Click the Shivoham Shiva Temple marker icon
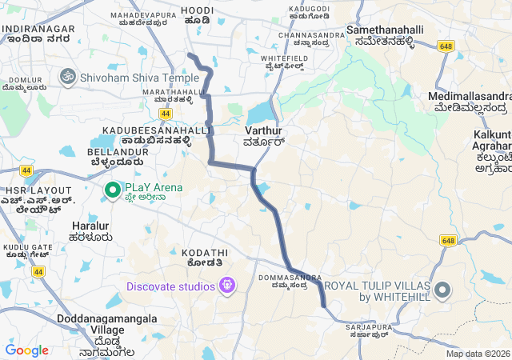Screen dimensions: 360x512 coord(67,77)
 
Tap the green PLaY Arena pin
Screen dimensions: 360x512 coord(113,190)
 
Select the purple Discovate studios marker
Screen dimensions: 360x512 coord(228,285)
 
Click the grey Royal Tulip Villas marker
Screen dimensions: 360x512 coord(442,290)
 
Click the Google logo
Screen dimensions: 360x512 coord(26,350)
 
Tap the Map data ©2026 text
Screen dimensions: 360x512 coord(477,354)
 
